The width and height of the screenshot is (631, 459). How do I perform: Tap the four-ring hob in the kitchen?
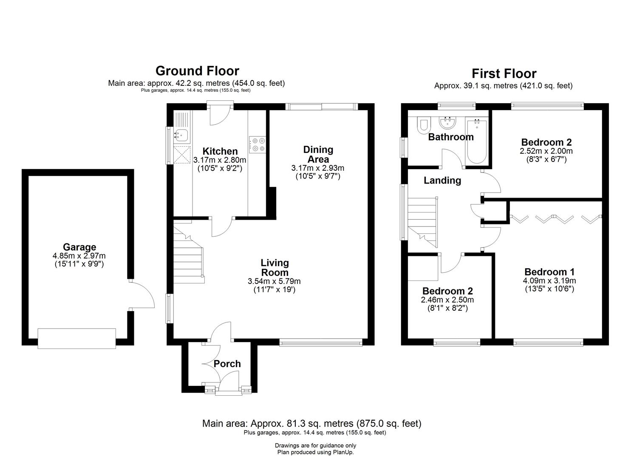point(257,143)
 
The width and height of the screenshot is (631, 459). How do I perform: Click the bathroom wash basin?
point(447,123)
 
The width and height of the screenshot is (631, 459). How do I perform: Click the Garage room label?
point(79,247)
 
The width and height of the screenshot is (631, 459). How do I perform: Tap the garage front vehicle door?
point(77,338)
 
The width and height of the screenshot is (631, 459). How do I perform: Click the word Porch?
point(227,364)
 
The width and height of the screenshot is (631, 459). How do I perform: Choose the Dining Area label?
point(318,154)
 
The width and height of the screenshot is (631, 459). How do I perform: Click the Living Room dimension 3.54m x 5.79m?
point(274,281)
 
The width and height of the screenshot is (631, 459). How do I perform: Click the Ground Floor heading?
point(197,71)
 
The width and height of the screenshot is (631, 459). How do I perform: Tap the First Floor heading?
point(504,74)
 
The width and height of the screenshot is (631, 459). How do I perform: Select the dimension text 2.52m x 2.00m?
point(546,151)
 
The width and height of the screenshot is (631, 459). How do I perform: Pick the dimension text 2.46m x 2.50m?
point(447,300)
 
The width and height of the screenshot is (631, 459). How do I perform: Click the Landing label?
point(442,181)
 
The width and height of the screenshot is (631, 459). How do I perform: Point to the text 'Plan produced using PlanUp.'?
point(315,452)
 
